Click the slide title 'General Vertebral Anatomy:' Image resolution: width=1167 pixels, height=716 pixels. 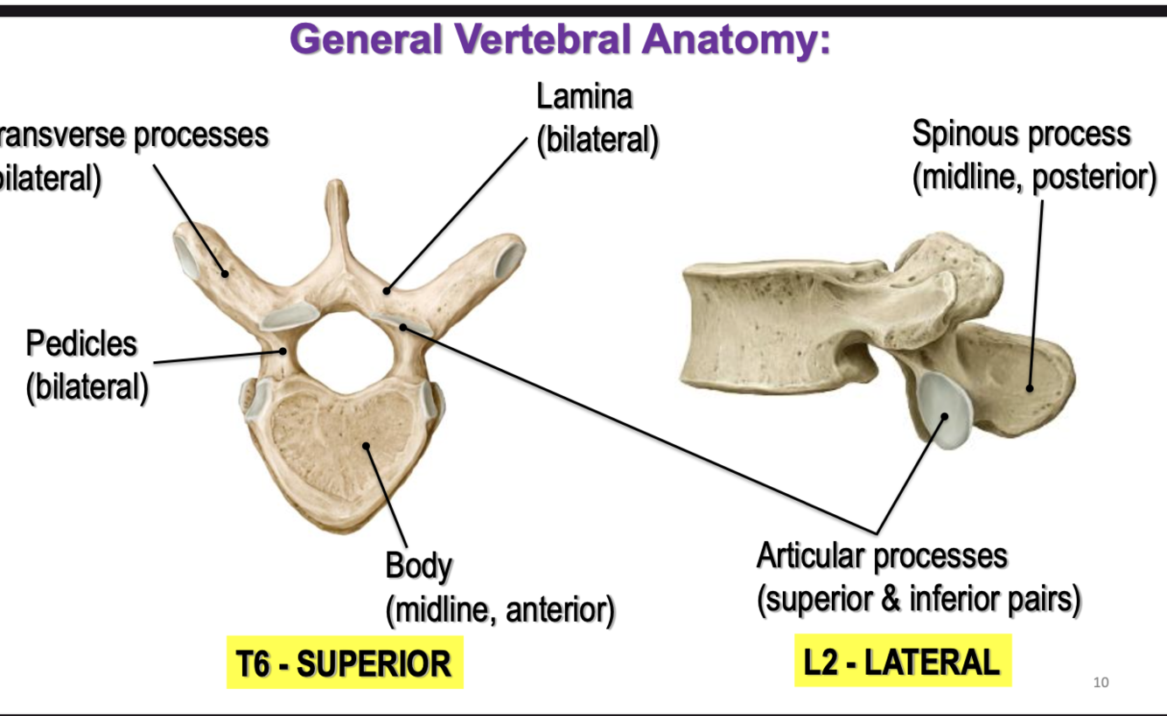[560, 38]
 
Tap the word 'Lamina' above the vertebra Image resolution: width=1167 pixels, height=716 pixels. [583, 97]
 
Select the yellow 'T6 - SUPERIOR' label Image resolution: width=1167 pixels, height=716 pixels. [344, 664]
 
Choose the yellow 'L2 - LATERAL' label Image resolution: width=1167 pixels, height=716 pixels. [902, 662]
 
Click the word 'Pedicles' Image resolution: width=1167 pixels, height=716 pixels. [81, 344]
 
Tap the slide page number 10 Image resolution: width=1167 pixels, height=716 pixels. [1101, 682]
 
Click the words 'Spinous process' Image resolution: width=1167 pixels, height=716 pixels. [1021, 134]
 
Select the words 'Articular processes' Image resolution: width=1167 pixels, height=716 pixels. [882, 556]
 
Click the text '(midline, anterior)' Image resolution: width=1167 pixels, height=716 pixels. [500, 609]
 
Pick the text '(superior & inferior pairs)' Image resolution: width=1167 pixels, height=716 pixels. [919, 600]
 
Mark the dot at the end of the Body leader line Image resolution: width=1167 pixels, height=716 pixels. [367, 446]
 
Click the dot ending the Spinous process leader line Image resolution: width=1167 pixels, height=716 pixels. [1030, 387]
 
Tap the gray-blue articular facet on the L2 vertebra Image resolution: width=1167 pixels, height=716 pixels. [944, 408]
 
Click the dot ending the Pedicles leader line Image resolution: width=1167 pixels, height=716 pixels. [283, 351]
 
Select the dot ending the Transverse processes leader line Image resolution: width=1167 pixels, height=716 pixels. [225, 273]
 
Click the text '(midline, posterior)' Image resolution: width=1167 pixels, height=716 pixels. [1033, 177]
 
